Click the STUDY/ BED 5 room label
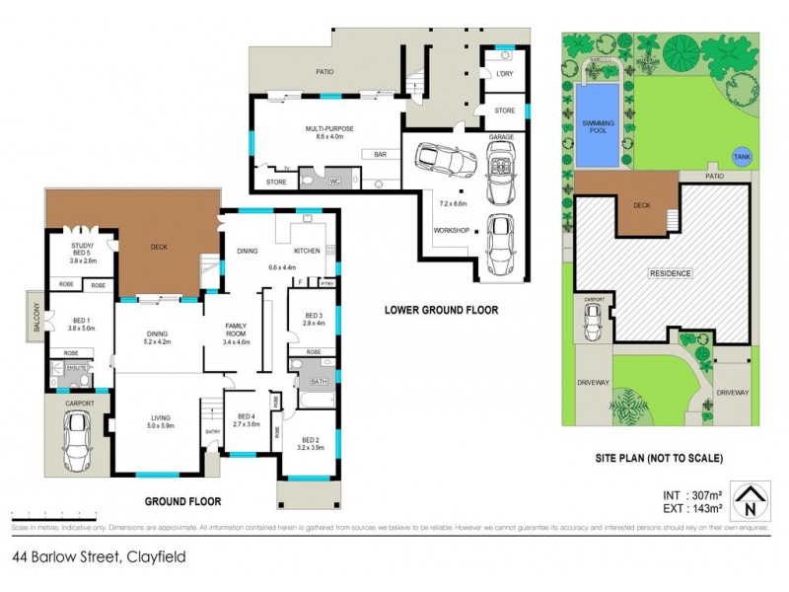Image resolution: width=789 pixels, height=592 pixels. pyautogui.click(x=82, y=252)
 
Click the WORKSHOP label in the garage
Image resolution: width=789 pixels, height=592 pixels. pyautogui.click(x=450, y=230)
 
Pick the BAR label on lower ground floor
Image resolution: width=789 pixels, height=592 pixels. pyautogui.click(x=380, y=155)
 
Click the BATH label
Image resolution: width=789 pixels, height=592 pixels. pyautogui.click(x=318, y=380)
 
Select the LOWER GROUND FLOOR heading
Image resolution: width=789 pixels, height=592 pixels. pyautogui.click(x=441, y=310)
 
